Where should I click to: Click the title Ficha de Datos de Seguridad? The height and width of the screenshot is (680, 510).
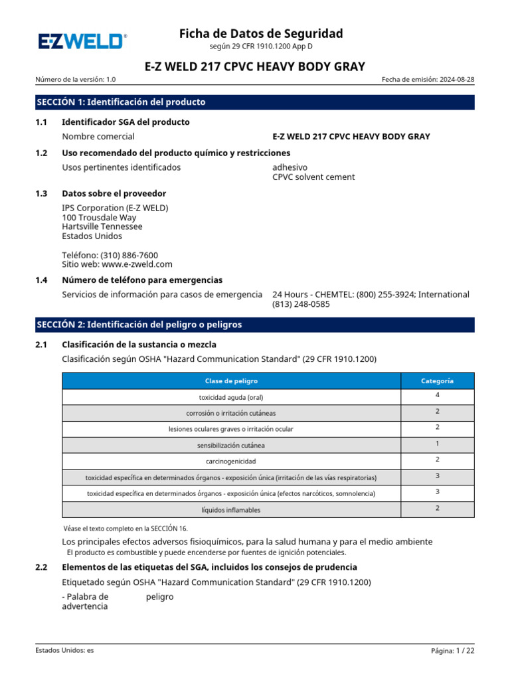[x=261, y=33]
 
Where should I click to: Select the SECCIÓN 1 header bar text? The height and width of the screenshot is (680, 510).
[x=121, y=102]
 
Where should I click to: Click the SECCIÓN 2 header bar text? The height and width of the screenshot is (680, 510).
[x=139, y=325]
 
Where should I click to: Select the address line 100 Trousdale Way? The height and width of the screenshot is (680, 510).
[x=99, y=217]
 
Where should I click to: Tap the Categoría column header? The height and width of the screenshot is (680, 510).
[x=438, y=381]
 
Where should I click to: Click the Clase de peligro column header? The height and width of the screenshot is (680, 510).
[x=231, y=381]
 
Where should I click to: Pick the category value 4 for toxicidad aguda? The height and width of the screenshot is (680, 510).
[x=438, y=395]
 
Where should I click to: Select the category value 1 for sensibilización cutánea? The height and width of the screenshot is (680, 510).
[x=438, y=444]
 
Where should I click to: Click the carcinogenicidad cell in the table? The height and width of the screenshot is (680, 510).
[x=231, y=461]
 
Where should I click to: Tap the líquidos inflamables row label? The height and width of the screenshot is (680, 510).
[x=231, y=510]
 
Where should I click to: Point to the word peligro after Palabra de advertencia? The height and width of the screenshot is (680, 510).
[x=159, y=597]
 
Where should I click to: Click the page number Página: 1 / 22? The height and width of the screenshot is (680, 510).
[x=453, y=651]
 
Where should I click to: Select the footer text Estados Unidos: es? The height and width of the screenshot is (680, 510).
[x=64, y=651]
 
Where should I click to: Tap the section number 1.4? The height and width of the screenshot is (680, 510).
[x=41, y=280]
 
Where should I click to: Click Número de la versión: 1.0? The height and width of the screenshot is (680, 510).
[x=76, y=80]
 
